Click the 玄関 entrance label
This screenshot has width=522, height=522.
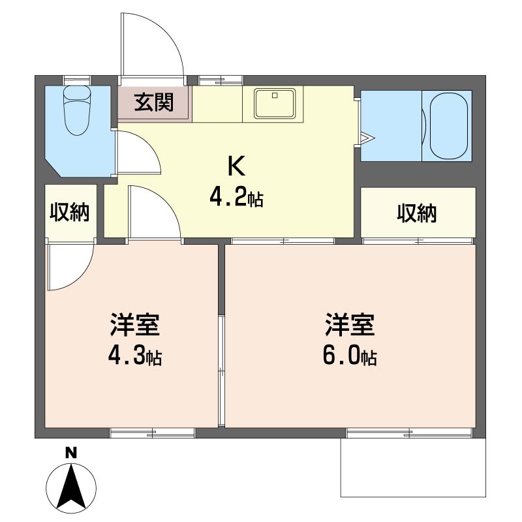pyautogui.click(x=154, y=102)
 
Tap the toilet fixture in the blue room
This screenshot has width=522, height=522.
pyautogui.click(x=77, y=110)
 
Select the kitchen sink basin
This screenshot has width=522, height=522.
pyautogui.click(x=275, y=103)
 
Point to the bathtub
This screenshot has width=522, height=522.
pyautogui.click(x=448, y=125)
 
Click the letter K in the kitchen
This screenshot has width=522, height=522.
pyautogui.click(x=236, y=166)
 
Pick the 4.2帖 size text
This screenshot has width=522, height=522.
pyautogui.click(x=236, y=197)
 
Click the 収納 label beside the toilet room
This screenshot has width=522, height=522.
pyautogui.click(x=70, y=212)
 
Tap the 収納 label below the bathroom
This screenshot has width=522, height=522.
pyautogui.click(x=417, y=213)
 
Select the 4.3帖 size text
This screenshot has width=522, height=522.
pyautogui.click(x=135, y=356)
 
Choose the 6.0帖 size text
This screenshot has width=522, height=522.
pyautogui.click(x=350, y=356)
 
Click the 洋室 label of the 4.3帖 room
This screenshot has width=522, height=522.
pyautogui.click(x=135, y=324)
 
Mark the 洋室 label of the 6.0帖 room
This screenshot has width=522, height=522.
pyautogui.click(x=350, y=324)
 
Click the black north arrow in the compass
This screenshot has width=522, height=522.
pyautogui.click(x=70, y=484)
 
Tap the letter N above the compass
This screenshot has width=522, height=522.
pyautogui.click(x=70, y=453)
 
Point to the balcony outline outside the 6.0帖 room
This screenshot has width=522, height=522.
pyautogui.click(x=413, y=467)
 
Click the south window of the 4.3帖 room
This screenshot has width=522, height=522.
pyautogui.click(x=153, y=433)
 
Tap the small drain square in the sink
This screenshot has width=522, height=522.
pyautogui.click(x=275, y=95)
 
